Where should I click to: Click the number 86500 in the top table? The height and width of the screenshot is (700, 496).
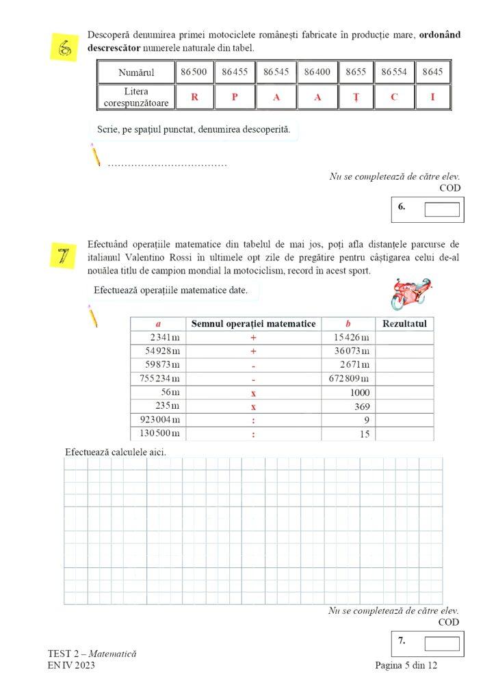[x=194, y=72]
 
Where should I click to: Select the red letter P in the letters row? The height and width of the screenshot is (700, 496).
[x=235, y=97]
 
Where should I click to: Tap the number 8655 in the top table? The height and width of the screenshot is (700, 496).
[x=356, y=72]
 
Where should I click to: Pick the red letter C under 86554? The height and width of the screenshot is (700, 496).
[x=394, y=97]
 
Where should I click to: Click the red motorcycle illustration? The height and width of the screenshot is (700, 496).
[x=410, y=293]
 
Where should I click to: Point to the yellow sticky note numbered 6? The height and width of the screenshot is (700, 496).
[x=66, y=47]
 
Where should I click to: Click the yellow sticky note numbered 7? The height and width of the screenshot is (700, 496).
[x=66, y=256]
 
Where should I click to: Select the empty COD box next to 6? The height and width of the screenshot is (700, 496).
[x=441, y=209]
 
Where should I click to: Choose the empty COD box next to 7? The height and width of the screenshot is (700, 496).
[x=441, y=643]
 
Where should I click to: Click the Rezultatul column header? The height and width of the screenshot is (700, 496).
[x=405, y=323]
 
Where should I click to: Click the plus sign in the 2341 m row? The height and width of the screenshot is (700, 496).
[x=253, y=338]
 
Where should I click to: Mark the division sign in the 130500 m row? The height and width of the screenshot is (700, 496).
[x=253, y=434]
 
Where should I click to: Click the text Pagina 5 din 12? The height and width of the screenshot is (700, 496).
[x=406, y=667]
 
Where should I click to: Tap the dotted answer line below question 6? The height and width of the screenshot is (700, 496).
[x=168, y=164]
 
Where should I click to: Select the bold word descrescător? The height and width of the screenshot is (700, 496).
[x=116, y=48]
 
